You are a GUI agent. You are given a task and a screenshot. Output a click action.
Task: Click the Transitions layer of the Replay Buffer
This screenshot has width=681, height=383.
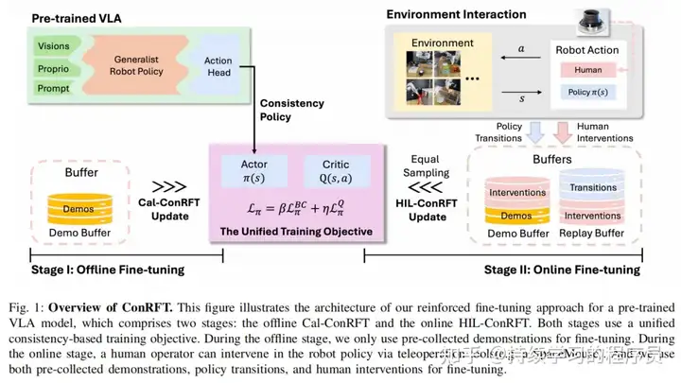pos(593,187)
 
